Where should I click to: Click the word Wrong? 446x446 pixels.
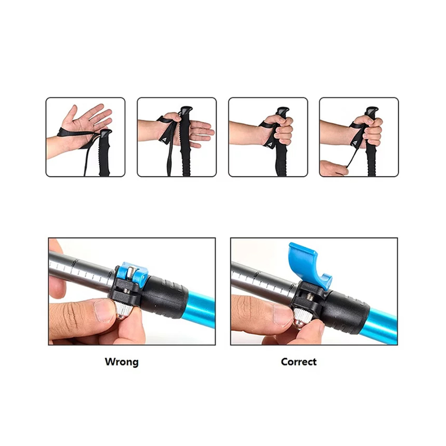(x=122, y=362)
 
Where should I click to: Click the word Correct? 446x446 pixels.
(x=299, y=362)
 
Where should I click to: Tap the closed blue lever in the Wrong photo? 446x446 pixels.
(x=133, y=273)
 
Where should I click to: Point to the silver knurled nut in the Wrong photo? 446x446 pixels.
(x=123, y=310)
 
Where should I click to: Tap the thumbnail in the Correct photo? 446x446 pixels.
(x=284, y=315)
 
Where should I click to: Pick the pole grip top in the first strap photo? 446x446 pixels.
(x=106, y=133)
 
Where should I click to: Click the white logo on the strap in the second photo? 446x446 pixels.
(x=164, y=139)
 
